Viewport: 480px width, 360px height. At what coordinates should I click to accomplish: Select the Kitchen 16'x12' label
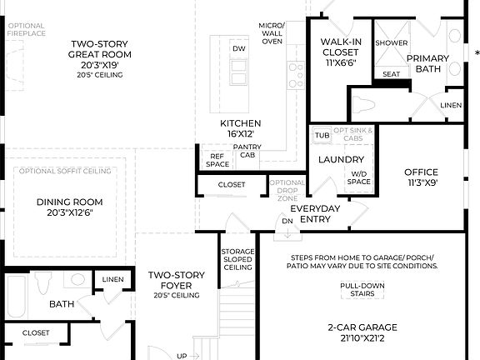[237, 127]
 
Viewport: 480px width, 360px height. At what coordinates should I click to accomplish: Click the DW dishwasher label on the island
[239, 48]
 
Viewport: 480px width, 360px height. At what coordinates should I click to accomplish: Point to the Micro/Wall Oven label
[272, 34]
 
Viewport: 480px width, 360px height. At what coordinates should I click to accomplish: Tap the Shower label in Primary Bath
[391, 42]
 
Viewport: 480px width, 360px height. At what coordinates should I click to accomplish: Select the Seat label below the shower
[391, 74]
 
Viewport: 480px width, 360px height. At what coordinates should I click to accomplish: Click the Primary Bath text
[427, 63]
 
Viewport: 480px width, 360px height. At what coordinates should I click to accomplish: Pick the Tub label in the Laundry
[322, 135]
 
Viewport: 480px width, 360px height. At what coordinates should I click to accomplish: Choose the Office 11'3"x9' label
[421, 177]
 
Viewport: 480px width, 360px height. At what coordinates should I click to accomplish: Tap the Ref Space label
[218, 160]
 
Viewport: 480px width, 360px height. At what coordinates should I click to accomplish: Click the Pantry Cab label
[248, 151]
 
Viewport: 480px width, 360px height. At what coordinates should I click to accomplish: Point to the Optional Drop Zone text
[287, 190]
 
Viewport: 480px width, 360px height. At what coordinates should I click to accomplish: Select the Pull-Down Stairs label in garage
[361, 289]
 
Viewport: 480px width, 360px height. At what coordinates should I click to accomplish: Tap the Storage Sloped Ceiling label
[237, 259]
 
